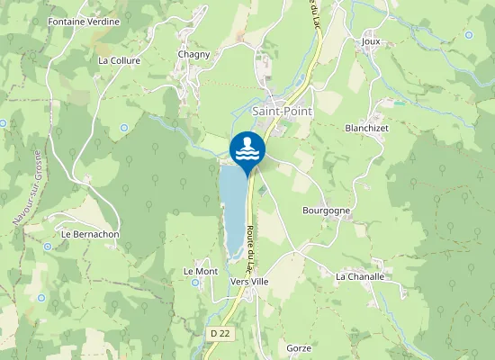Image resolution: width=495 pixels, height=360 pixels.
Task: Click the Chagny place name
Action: coord(193,54)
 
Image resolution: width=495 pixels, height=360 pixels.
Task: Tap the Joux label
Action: coord(370,41)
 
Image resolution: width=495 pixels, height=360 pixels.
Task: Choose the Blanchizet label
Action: coord(365,128)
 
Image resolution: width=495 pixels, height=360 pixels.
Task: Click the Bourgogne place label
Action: coord(326,210)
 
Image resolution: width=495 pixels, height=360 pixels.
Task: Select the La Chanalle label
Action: coord(359,276)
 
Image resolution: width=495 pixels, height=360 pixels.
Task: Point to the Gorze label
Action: coord(298,347)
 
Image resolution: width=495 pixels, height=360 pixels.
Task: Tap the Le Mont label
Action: coord(201,271)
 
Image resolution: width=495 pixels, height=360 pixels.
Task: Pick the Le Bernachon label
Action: coord(90,234)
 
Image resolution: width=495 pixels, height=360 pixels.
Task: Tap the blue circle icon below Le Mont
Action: coord(196,283)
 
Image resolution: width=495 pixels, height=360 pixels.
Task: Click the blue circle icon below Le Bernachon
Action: coord(47,246)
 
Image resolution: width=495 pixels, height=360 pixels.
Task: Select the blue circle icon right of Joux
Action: coord(469,34)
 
